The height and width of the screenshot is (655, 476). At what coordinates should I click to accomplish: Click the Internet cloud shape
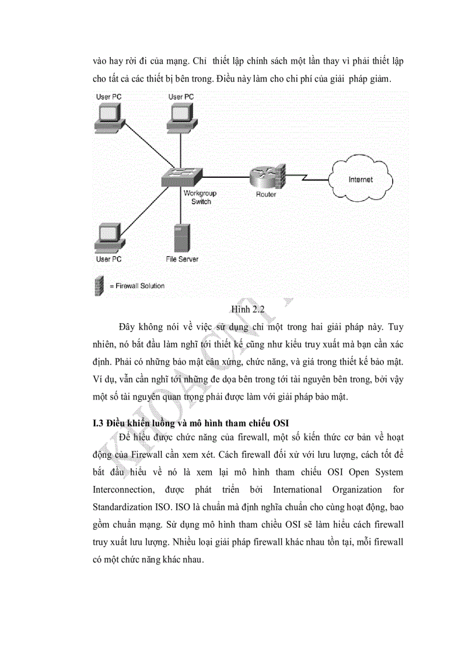point(359,180)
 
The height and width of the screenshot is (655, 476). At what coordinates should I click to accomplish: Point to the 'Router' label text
point(266,195)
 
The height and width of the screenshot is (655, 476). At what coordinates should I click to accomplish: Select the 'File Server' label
point(181,259)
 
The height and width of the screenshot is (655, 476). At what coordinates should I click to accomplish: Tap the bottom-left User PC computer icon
point(110,237)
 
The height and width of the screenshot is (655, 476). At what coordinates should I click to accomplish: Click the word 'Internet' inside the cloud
point(360,180)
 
